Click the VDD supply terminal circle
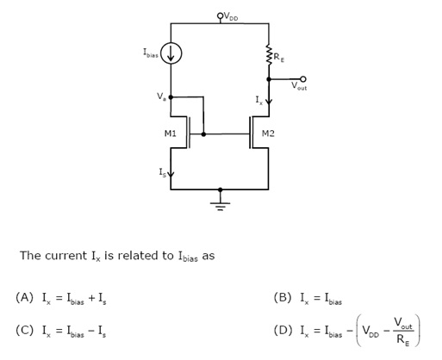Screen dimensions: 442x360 220,16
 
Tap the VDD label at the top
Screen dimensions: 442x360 231,16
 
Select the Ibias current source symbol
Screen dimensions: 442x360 171,53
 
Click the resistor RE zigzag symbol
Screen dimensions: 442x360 269,54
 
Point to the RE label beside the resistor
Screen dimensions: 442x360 279,58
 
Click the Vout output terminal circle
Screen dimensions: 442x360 303,79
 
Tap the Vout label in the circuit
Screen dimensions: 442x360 299,86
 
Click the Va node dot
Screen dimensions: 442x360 171,97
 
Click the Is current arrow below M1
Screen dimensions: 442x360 171,173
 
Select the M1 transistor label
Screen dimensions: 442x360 171,133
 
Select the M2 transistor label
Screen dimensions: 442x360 268,133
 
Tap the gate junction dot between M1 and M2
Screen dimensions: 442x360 203,134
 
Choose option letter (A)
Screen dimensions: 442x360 25,297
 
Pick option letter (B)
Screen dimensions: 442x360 283,297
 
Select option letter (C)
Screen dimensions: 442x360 25,330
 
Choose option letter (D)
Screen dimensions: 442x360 283,330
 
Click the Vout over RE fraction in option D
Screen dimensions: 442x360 403,331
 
